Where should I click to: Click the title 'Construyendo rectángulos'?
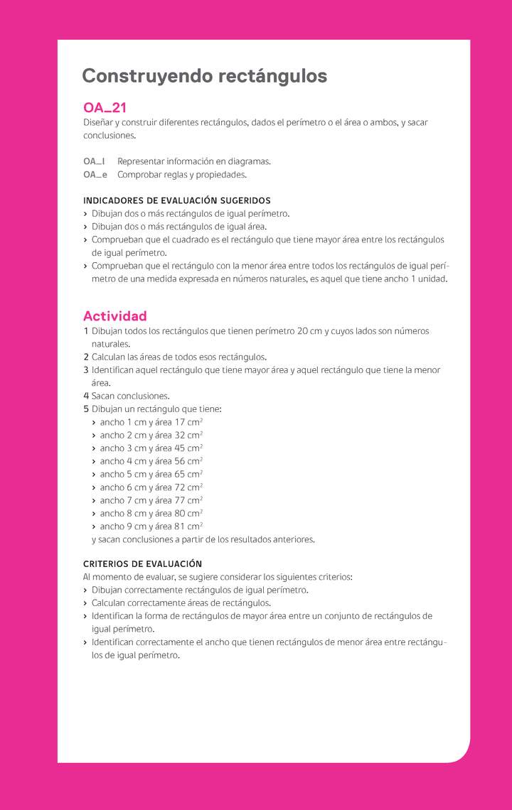[205, 76]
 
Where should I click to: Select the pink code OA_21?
[105, 108]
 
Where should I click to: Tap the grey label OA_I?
[94, 161]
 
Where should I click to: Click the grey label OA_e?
[95, 174]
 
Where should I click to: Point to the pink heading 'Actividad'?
[114, 315]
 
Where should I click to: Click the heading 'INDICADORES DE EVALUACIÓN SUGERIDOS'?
[176, 200]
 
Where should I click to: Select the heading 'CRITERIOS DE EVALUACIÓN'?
[142, 563]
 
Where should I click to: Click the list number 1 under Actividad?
[85, 331]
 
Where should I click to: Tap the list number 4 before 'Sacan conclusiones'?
[85, 396]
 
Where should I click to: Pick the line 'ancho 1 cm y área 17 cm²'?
[151, 422]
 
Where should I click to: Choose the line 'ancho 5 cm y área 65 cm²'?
[151, 474]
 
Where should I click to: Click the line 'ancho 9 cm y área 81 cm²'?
[151, 526]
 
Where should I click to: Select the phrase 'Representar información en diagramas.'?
[193, 161]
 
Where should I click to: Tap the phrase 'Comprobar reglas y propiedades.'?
[182, 174]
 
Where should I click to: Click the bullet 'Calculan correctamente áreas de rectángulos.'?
[181, 603]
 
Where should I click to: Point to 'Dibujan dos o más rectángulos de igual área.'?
[179, 227]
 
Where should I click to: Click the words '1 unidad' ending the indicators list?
[430, 279]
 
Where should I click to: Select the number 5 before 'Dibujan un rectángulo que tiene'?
[85, 409]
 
